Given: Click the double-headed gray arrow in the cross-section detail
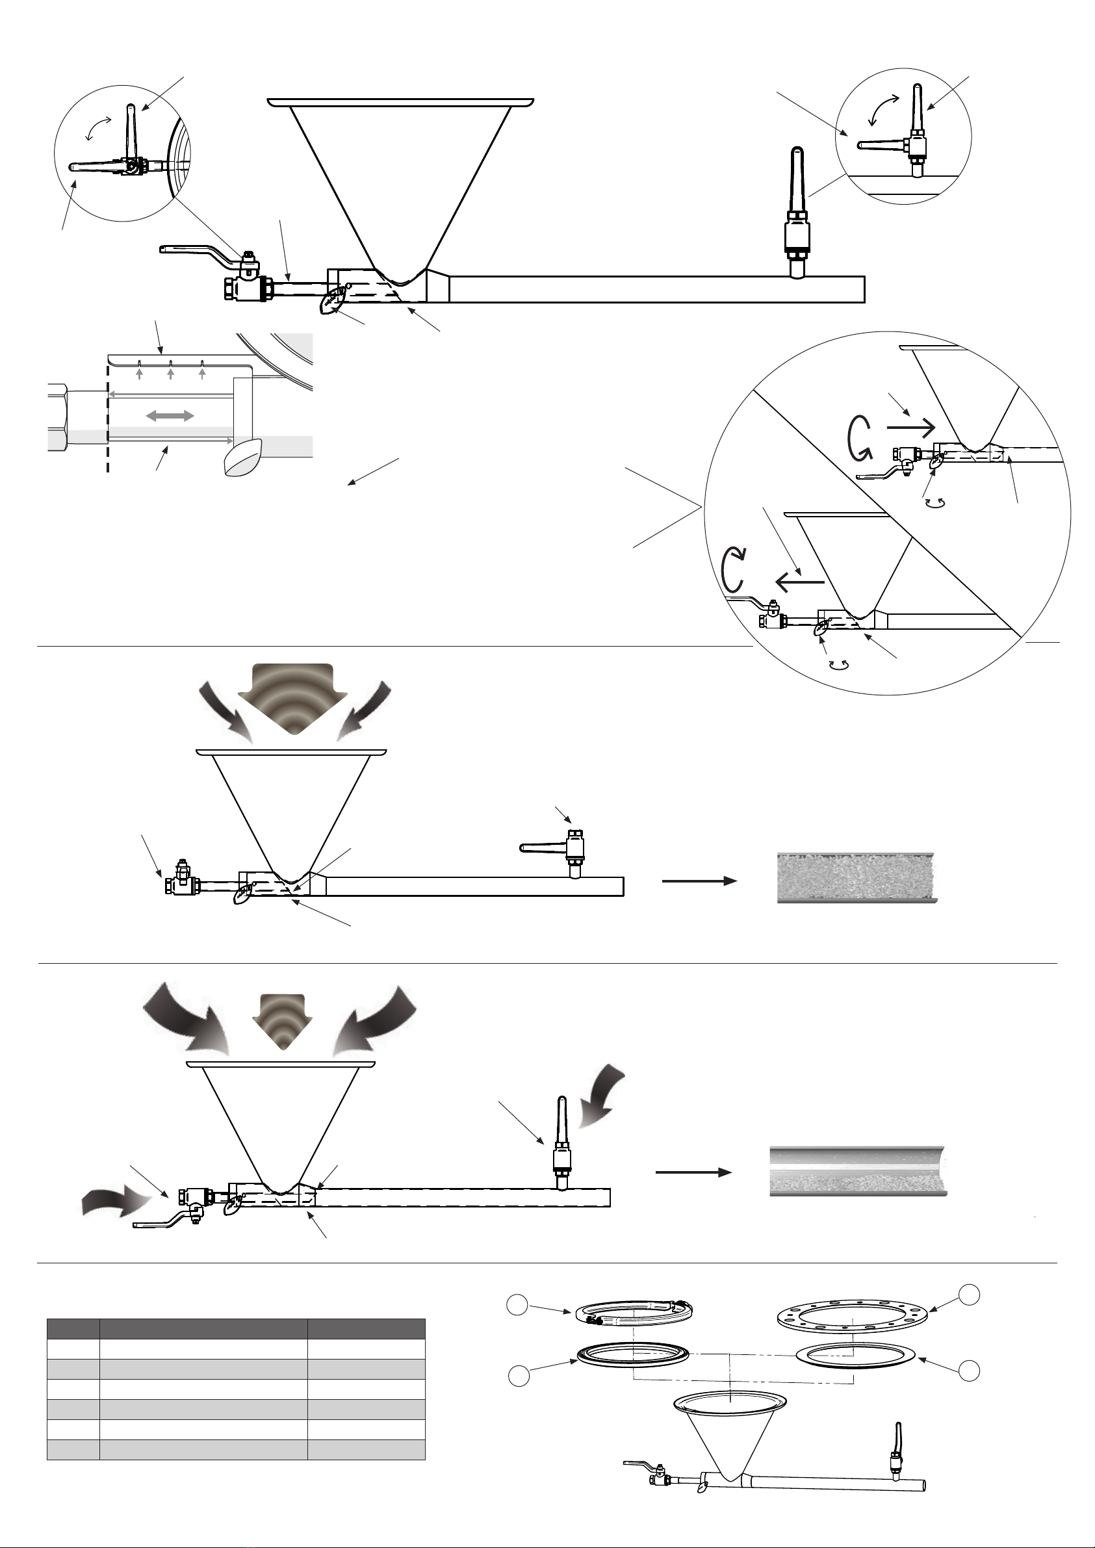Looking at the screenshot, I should click(x=170, y=417).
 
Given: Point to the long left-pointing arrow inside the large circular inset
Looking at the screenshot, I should click(x=800, y=580).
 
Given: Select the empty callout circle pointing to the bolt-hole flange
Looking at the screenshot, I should click(x=970, y=1294).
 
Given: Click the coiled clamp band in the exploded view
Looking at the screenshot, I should click(x=634, y=1312).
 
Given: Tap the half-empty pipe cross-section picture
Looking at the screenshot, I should click(x=858, y=1171).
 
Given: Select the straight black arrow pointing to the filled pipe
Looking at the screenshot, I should click(x=699, y=881).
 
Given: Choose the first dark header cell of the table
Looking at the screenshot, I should click(x=73, y=1329).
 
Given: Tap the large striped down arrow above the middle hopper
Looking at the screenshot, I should click(x=292, y=699).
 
